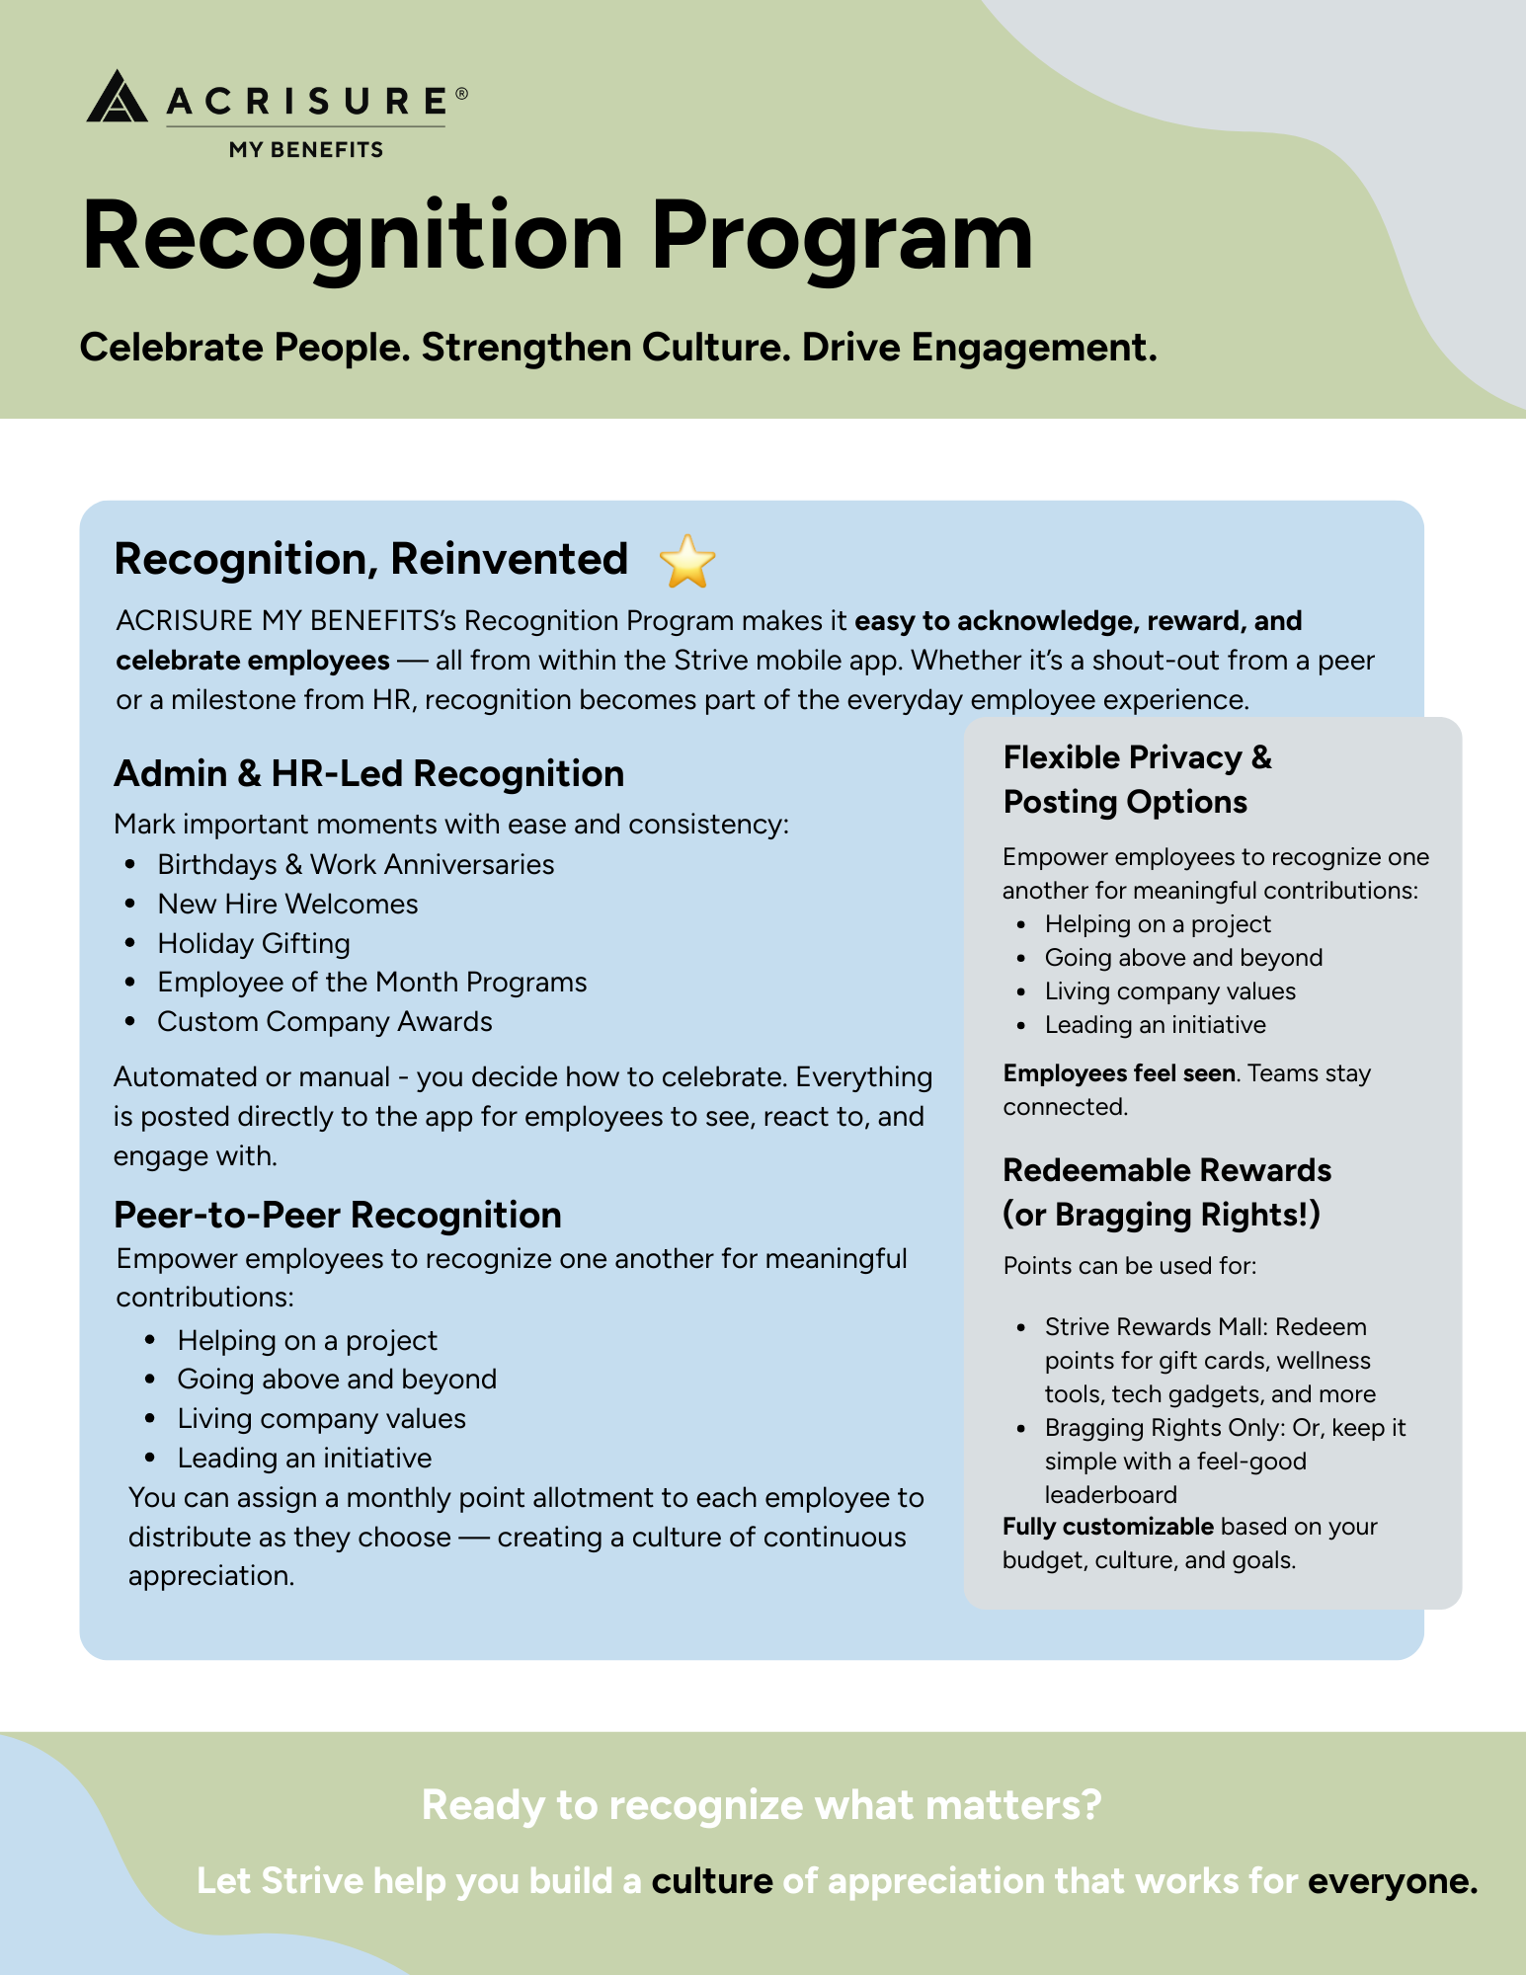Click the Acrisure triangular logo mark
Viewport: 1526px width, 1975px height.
117,97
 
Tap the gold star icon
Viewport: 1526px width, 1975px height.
686,562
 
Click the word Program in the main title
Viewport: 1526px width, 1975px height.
842,237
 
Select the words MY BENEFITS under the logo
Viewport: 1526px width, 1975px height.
306,150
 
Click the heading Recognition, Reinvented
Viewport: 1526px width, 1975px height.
371,559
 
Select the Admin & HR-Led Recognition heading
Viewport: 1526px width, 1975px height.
369,773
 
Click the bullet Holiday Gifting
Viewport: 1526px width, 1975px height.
254,943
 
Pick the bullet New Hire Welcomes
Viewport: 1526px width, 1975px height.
287,904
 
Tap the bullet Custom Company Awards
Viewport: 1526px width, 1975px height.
325,1021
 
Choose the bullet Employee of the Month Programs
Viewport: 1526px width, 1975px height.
372,982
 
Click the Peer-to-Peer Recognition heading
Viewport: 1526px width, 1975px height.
338,1215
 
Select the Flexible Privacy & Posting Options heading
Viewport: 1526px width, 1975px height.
1136,779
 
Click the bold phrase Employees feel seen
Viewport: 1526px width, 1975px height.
1119,1073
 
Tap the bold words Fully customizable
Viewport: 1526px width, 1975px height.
1107,1527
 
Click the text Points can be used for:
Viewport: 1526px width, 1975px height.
1130,1266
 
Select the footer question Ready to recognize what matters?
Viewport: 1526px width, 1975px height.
762,1805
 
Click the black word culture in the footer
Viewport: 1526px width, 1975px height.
712,1881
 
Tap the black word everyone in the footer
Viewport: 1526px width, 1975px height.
1392,1881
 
